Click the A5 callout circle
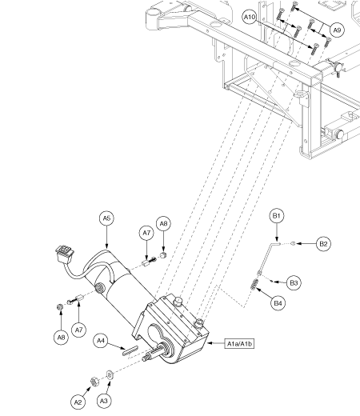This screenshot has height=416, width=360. pyautogui.click(x=106, y=218)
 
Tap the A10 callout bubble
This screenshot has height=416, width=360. pyautogui.click(x=250, y=17)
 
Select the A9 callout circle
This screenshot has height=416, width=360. pyautogui.click(x=337, y=30)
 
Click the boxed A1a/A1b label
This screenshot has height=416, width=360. pyautogui.click(x=239, y=344)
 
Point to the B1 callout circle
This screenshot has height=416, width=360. pyautogui.click(x=277, y=215)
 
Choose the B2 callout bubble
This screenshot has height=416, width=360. pyautogui.click(x=323, y=244)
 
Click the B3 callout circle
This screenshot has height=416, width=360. pyautogui.click(x=294, y=282)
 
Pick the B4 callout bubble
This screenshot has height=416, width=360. pyautogui.click(x=278, y=303)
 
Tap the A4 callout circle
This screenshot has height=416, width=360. pyautogui.click(x=101, y=341)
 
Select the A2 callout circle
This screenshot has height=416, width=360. pyautogui.click(x=78, y=402)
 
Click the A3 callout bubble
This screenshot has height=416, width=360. pyautogui.click(x=104, y=401)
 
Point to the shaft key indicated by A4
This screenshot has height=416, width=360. pyautogui.click(x=130, y=350)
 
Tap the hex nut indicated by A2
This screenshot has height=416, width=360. pyautogui.click(x=94, y=382)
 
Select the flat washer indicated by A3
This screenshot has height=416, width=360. pyautogui.click(x=110, y=374)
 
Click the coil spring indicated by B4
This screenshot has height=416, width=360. pyautogui.click(x=254, y=284)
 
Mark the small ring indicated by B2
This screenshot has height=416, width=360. pyautogui.click(x=293, y=243)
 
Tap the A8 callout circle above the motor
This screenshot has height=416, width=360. pyautogui.click(x=163, y=224)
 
